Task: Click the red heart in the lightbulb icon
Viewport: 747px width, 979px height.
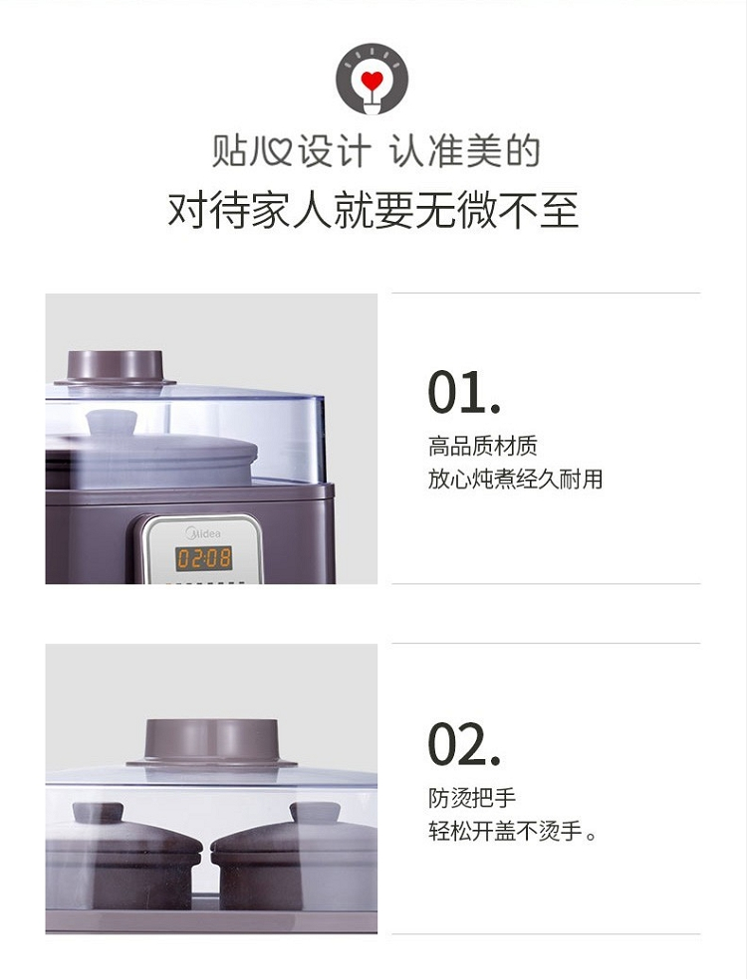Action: [x=372, y=81]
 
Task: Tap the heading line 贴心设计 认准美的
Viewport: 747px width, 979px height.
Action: [x=375, y=151]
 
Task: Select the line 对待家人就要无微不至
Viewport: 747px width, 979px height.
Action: [x=373, y=210]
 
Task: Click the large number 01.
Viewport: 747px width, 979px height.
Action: [x=464, y=392]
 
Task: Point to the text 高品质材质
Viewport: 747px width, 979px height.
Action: [x=483, y=446]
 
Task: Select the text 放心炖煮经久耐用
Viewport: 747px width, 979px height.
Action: [x=515, y=479]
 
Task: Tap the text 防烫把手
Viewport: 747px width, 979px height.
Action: [x=472, y=798]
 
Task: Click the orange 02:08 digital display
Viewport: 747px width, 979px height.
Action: [x=204, y=558]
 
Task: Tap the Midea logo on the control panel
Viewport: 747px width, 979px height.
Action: [x=203, y=532]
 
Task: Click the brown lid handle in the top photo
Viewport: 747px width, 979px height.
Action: [x=115, y=368]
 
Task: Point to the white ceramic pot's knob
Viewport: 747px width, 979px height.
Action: [x=112, y=422]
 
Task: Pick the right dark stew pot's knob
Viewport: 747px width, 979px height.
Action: [x=315, y=813]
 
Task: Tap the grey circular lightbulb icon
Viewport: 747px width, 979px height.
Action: [x=372, y=80]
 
